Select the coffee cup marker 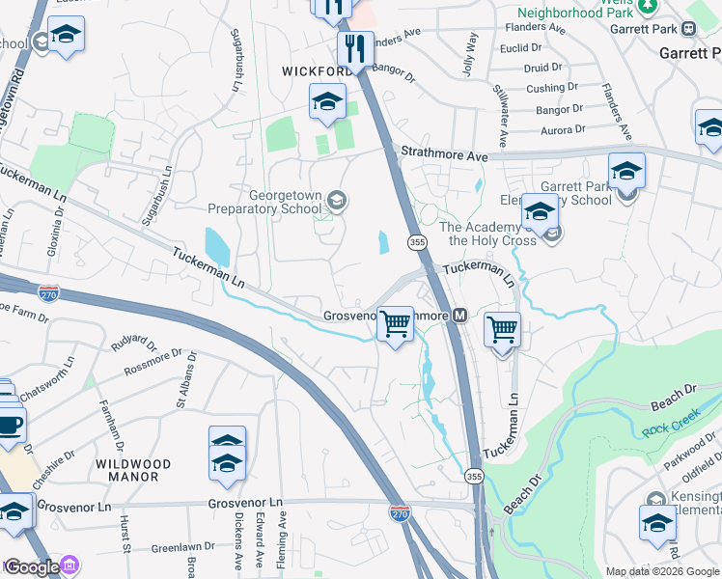pos(9,424)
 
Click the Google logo pos(31,566)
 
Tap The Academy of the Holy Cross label pos(487,234)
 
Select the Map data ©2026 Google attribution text pos(661,571)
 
